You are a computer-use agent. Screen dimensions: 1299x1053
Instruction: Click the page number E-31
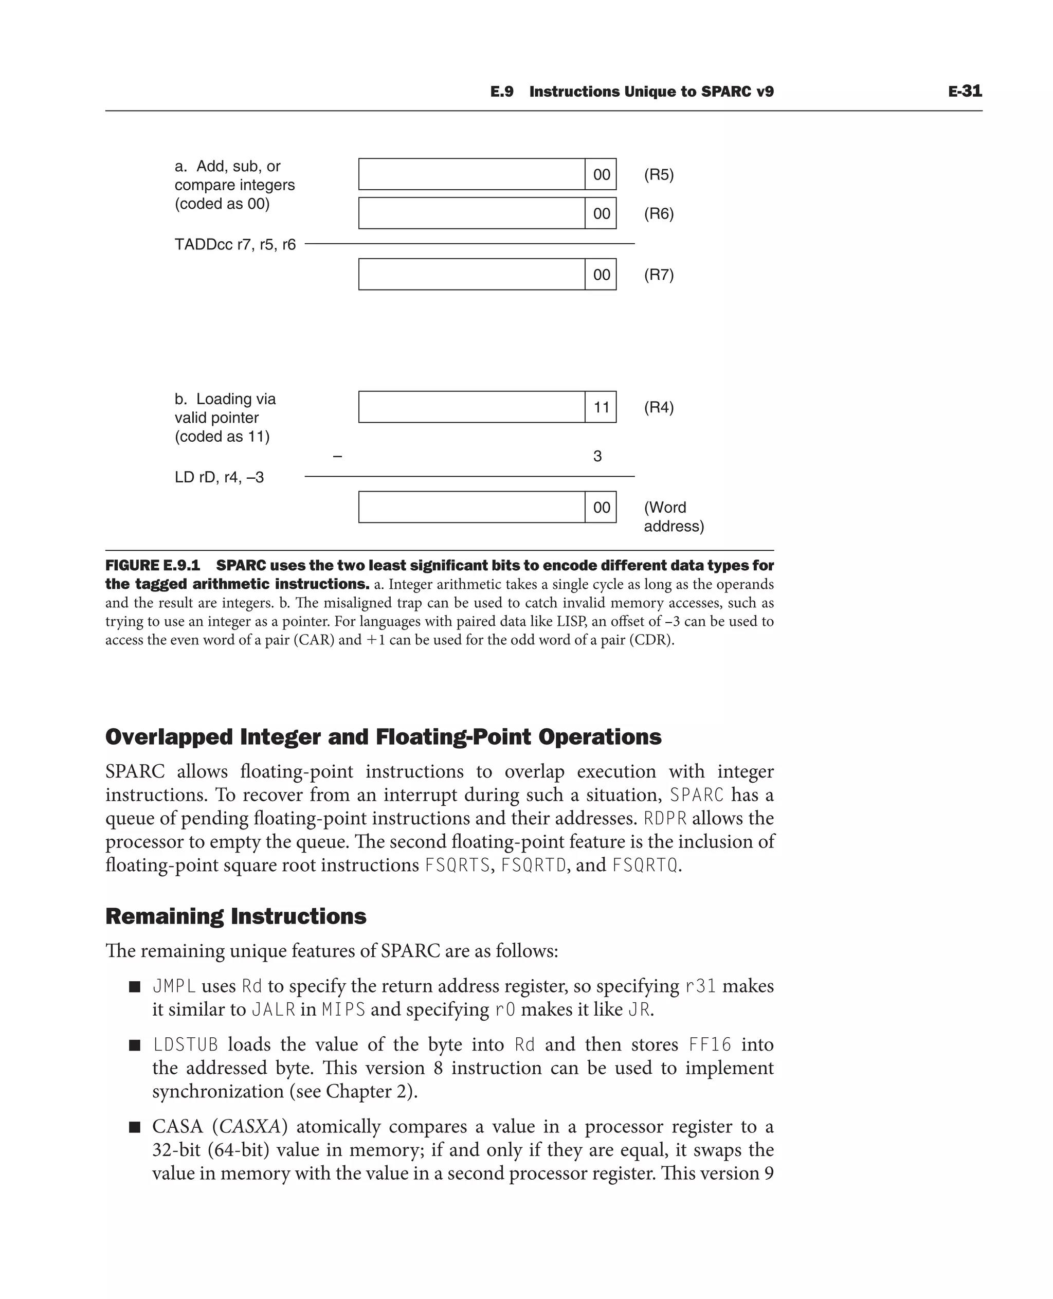(965, 91)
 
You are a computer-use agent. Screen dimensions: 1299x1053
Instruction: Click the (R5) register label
(659, 175)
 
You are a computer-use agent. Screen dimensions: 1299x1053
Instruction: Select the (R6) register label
(659, 213)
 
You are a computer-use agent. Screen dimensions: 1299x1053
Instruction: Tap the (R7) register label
(659, 275)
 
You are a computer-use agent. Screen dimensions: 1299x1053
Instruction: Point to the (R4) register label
(659, 407)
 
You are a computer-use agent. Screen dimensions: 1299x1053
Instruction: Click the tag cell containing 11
(601, 407)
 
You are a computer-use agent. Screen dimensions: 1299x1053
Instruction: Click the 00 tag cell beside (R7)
(601, 275)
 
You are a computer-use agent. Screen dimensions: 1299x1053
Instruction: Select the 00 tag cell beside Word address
(601, 507)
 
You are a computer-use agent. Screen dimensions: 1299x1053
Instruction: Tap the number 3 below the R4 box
(597, 456)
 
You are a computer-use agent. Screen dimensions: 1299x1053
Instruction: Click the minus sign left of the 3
(338, 456)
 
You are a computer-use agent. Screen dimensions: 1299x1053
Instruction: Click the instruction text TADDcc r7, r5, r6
(235, 244)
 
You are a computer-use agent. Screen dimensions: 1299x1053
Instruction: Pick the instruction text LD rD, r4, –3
(219, 478)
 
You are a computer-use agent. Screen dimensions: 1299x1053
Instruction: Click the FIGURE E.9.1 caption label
(152, 566)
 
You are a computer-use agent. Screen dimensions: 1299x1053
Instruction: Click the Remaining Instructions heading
(235, 915)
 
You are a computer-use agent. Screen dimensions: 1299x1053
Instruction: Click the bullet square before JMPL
(135, 986)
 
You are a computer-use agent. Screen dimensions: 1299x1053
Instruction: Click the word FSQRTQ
(644, 864)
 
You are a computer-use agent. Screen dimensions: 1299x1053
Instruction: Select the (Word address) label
(673, 516)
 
